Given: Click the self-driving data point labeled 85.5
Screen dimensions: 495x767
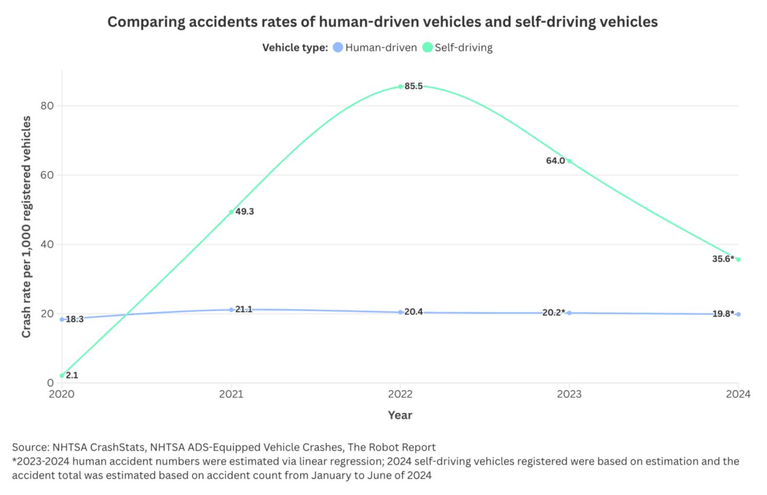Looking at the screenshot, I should tap(401, 86).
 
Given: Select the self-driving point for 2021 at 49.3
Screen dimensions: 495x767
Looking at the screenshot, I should tap(231, 212).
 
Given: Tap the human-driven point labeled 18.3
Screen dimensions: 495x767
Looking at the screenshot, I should tap(62, 320).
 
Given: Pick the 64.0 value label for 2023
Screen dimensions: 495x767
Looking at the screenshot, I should tap(555, 161).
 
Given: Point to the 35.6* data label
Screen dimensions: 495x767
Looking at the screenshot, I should tap(723, 259).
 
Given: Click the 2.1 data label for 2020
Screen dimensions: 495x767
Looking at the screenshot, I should tap(72, 375).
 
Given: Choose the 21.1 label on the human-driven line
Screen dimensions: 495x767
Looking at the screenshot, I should tap(244, 310).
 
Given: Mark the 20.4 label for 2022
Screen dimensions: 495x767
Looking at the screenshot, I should tap(413, 312).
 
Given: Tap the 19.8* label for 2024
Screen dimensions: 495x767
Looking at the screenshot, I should tap(723, 314).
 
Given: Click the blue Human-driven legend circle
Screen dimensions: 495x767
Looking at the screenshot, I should tap(338, 47).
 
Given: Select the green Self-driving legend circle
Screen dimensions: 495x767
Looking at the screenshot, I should tap(427, 47).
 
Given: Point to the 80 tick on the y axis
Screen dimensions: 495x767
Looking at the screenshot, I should tap(47, 106).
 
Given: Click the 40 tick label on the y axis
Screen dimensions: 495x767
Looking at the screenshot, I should tap(47, 245).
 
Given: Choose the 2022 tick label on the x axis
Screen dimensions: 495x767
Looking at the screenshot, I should tap(400, 394).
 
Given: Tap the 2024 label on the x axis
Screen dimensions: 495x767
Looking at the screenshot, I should tap(738, 394).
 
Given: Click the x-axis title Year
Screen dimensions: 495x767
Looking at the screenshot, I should tap(400, 415).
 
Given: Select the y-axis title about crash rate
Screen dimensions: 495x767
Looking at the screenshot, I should tap(26, 226).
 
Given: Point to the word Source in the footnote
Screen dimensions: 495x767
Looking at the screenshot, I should tap(30, 447).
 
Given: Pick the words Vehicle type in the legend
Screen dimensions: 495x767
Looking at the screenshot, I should tap(295, 47).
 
